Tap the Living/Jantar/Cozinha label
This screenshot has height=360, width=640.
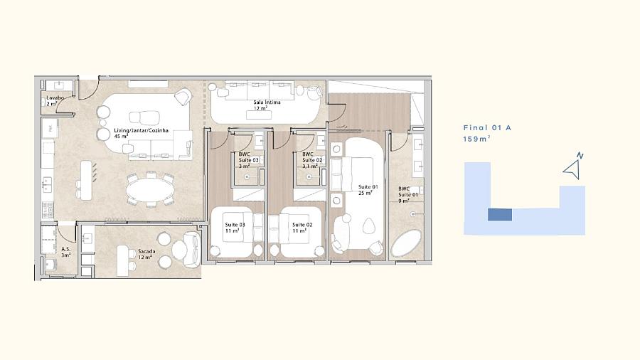(141, 134)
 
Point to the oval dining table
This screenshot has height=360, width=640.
(149, 190)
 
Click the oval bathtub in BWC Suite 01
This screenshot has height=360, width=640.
(406, 243)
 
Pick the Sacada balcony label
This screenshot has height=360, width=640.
(146, 254)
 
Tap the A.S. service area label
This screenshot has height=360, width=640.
(65, 252)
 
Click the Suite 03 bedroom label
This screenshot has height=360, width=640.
(235, 228)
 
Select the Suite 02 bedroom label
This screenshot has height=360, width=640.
(302, 228)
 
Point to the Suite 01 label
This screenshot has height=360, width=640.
(368, 190)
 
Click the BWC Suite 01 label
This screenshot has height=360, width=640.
(408, 195)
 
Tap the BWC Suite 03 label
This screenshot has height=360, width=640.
(249, 160)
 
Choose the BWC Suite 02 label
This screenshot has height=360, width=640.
(312, 160)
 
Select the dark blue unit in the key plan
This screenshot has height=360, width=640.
(500, 215)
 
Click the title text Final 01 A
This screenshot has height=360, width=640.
(487, 128)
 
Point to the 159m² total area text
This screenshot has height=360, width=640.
(476, 139)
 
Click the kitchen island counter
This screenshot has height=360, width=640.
(86, 181)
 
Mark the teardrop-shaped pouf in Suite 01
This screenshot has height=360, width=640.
(368, 226)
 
